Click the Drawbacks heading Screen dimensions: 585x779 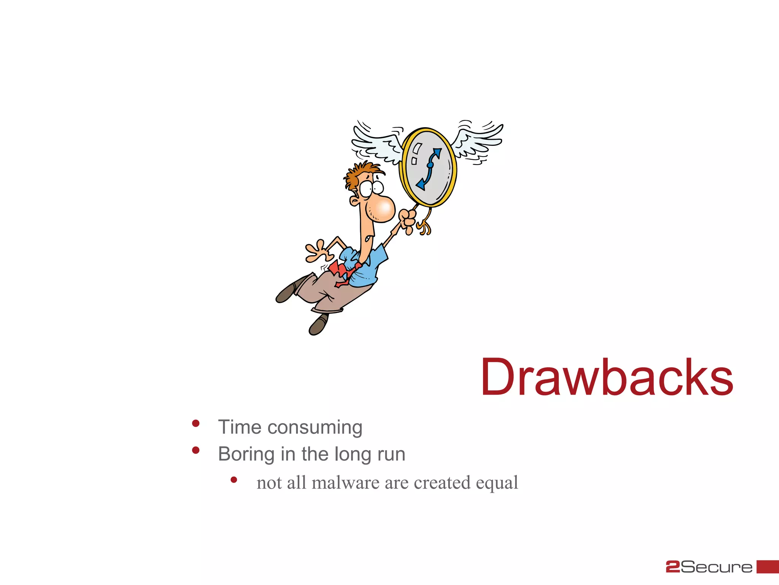(x=607, y=378)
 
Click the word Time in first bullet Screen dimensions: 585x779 (x=240, y=427)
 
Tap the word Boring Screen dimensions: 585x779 (x=246, y=454)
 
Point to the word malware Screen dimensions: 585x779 (x=345, y=483)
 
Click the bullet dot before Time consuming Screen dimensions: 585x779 (x=196, y=424)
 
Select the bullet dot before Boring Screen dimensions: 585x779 (x=196, y=451)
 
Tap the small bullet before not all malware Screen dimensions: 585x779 (x=234, y=480)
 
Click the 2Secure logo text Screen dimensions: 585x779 (x=709, y=567)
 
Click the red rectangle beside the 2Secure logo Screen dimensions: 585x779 (x=767, y=566)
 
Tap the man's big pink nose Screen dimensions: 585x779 (x=381, y=209)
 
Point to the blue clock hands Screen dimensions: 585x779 (x=430, y=168)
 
